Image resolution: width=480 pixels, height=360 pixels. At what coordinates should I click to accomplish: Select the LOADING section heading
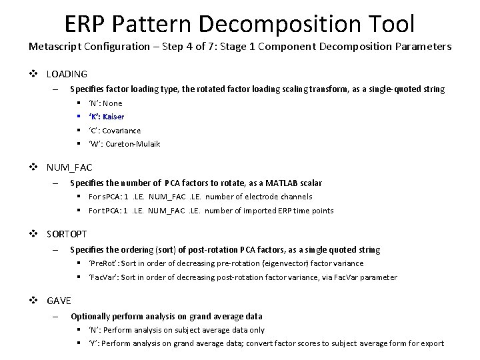67,74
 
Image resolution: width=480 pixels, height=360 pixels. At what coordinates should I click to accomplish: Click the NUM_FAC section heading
69,167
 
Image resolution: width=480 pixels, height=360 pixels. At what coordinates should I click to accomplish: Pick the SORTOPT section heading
67,234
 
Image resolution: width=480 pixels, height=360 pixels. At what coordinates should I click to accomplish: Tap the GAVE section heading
59,301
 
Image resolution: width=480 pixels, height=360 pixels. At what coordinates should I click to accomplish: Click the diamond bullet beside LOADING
37,74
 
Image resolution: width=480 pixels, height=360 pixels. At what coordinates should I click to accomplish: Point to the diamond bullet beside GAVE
37,301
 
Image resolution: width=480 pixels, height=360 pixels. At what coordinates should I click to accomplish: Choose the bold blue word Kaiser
113,117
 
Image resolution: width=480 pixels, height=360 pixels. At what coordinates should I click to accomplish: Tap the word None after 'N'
113,103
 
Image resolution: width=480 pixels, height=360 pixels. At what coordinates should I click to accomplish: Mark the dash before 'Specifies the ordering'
57,249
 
